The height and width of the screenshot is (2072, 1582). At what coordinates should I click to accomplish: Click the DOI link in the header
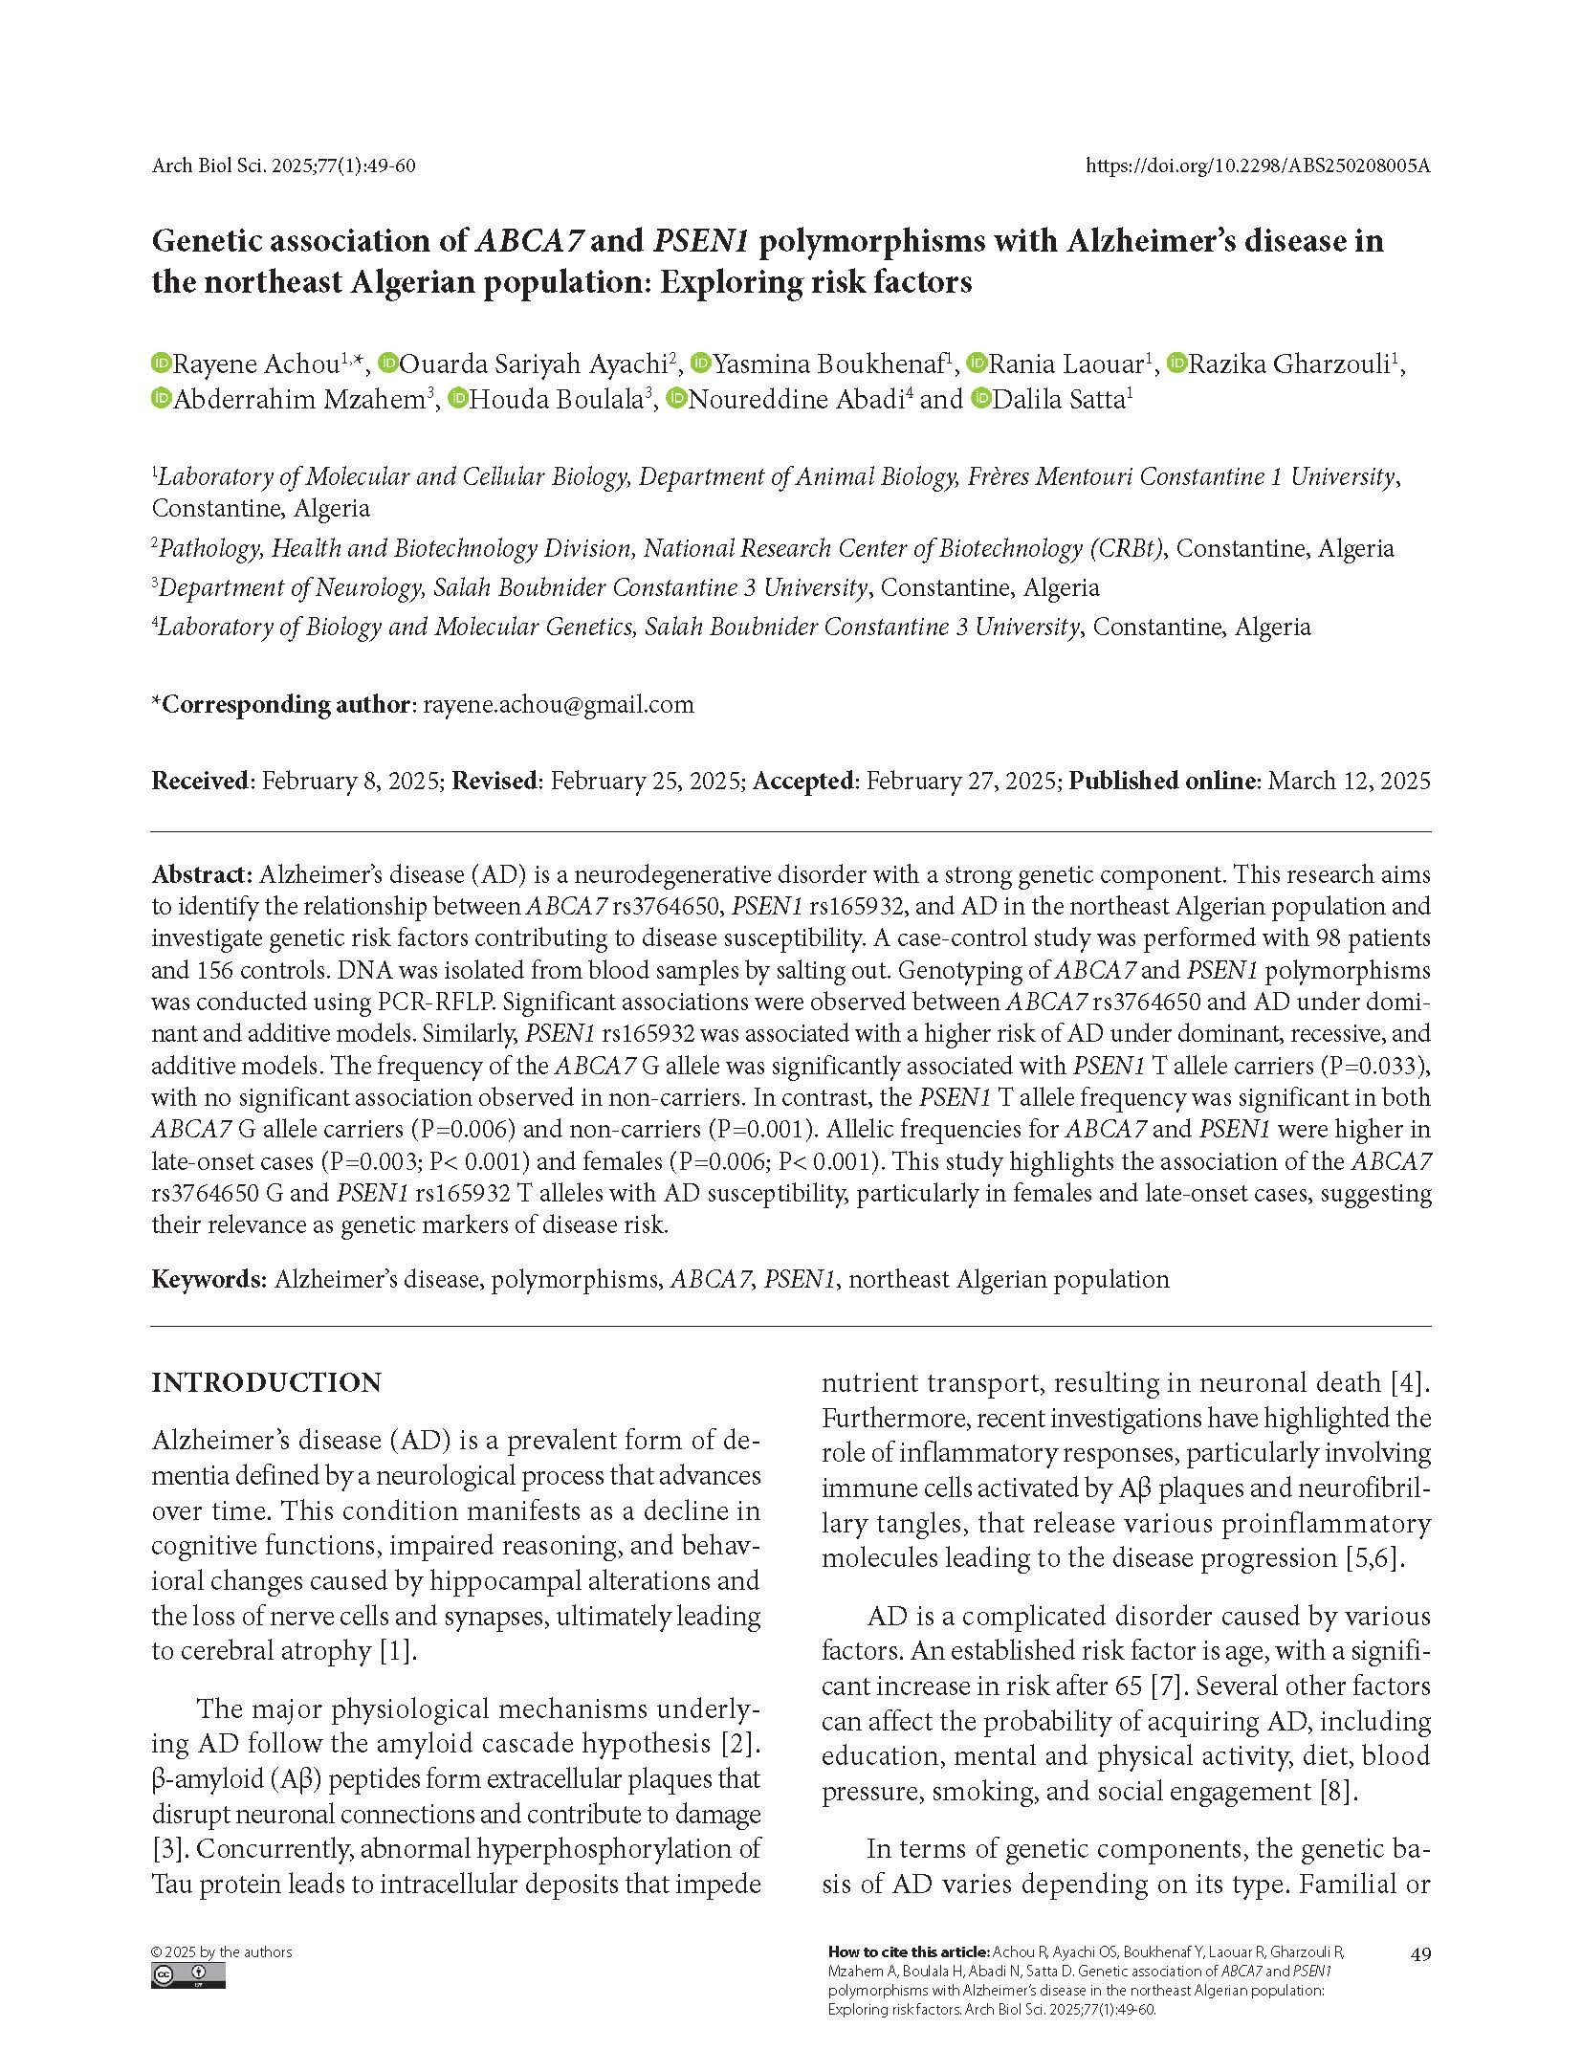(1258, 166)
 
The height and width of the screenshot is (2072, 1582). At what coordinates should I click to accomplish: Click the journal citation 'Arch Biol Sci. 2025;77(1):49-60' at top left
(283, 166)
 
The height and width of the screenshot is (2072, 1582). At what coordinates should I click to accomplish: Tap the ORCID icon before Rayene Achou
(161, 364)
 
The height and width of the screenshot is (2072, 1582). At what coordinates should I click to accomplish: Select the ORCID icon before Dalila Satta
(980, 399)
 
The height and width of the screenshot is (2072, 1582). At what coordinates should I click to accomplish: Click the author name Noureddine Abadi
(802, 400)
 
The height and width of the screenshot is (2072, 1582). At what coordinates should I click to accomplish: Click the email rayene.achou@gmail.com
(559, 705)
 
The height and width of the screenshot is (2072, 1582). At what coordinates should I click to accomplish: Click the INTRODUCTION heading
(266, 1383)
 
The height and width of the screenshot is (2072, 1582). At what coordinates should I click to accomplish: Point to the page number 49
(1420, 1955)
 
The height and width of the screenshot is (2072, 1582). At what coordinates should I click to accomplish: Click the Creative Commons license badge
(187, 1976)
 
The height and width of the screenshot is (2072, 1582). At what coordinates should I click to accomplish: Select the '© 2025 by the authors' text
(222, 1952)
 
